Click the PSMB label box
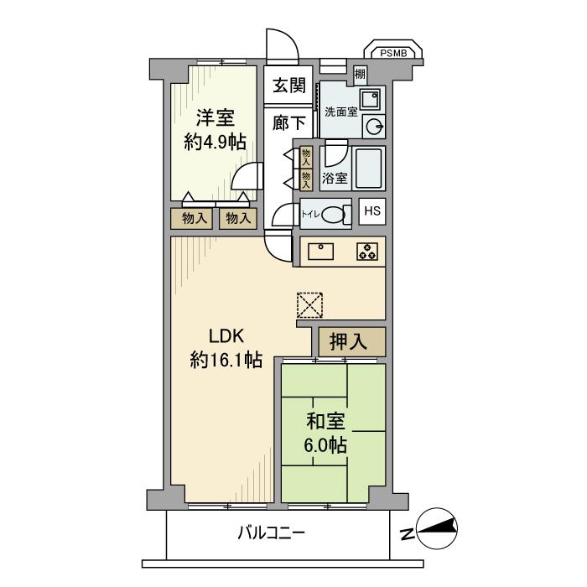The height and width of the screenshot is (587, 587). [392, 53]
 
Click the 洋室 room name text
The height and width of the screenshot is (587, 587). [215, 117]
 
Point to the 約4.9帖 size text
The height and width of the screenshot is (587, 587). [215, 142]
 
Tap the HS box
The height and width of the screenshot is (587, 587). [372, 210]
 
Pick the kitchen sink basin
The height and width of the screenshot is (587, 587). [322, 251]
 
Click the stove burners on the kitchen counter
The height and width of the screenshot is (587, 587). [366, 252]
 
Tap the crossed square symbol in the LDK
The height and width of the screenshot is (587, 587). [309, 304]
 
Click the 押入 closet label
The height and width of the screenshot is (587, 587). [351, 341]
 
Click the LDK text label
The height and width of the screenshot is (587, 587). [226, 335]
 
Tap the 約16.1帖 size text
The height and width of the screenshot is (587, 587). [226, 361]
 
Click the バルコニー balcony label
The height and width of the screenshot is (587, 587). [271, 532]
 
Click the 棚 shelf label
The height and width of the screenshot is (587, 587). [360, 75]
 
